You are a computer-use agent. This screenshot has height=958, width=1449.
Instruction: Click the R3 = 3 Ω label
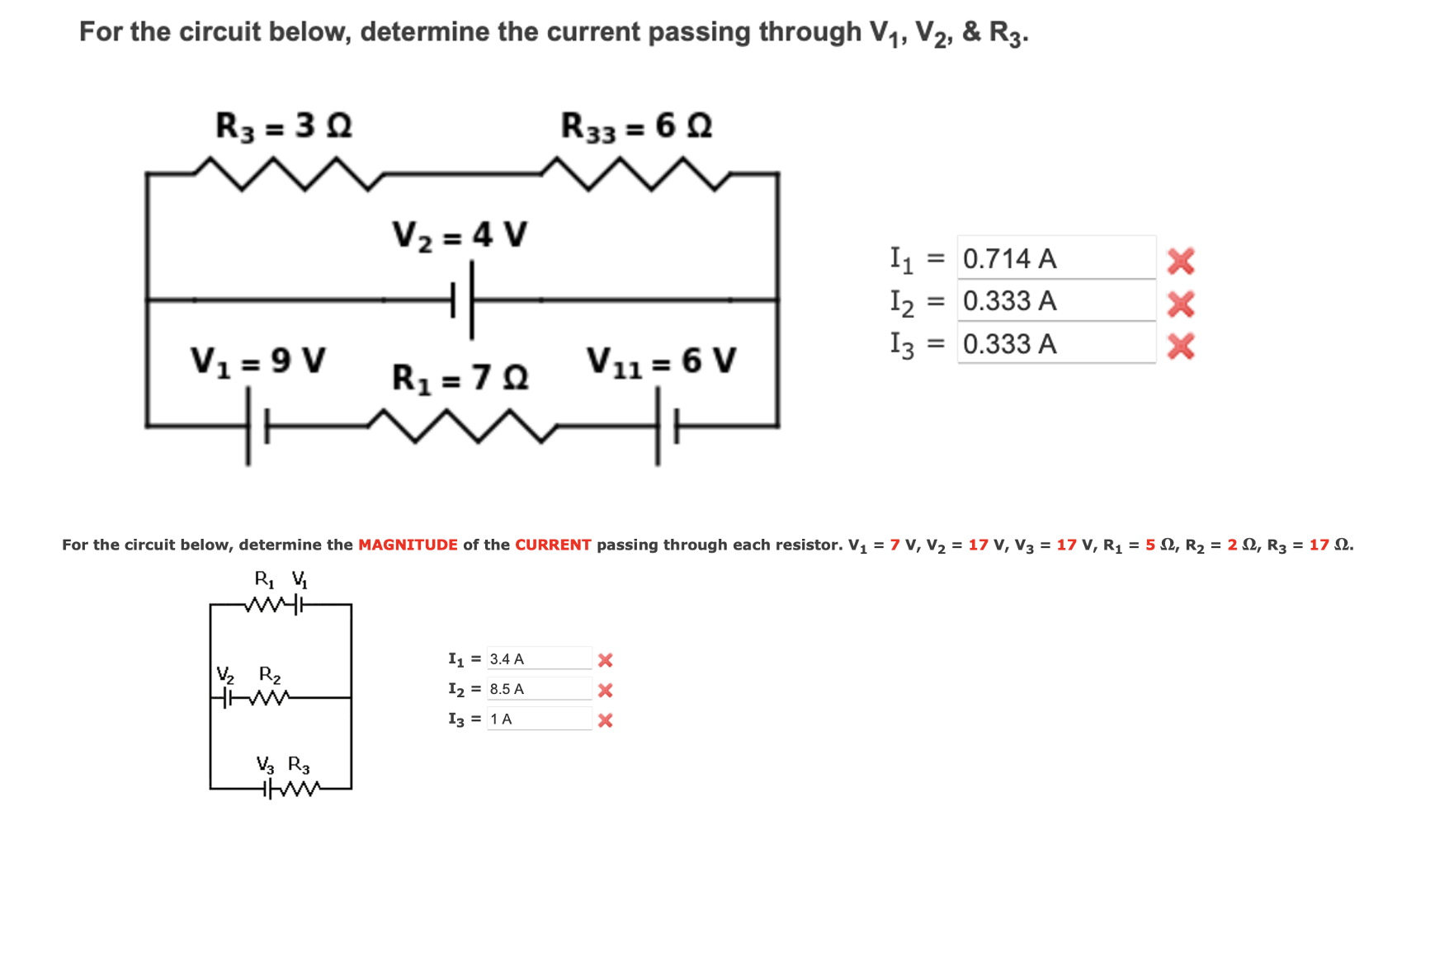pos(283,126)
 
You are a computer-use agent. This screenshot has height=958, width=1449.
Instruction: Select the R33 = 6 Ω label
pos(636,126)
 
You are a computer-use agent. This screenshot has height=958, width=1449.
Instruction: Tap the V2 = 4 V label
pos(459,236)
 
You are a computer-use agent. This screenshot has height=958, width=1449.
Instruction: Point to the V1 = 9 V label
pos(257,361)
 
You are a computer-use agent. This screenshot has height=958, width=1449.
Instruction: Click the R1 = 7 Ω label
pos(460,378)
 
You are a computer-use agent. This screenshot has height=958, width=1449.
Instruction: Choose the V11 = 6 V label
pos(660,361)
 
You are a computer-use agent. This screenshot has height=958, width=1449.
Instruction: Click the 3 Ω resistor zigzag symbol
pos(289,173)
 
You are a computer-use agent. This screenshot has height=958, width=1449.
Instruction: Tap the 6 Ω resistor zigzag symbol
pos(635,173)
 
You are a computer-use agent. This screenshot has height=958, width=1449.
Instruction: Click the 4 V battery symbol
pos(463,300)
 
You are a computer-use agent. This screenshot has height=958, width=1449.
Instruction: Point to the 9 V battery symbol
pos(257,427)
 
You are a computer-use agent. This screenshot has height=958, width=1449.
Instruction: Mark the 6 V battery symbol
pos(667,427)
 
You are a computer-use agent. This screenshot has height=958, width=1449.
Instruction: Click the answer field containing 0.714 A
pos(1055,259)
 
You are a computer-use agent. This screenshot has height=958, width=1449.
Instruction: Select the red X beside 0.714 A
pos(1181,262)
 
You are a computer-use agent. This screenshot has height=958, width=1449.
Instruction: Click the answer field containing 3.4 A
pos(538,659)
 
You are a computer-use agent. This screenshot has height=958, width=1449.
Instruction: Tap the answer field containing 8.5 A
pos(538,689)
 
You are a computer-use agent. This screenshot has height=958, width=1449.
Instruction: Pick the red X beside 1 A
pos(605,720)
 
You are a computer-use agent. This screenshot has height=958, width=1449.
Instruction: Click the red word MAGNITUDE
pos(408,545)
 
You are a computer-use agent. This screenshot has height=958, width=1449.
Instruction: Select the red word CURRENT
pos(553,545)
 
